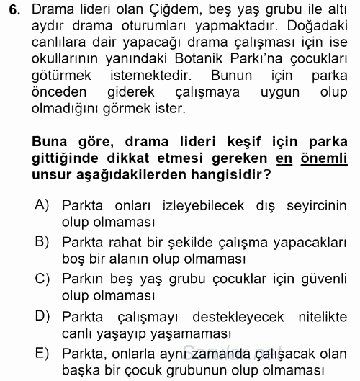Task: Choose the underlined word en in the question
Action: pyautogui.click(x=285, y=158)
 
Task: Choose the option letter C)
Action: pyautogui.click(x=42, y=277)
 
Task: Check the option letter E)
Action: pyautogui.click(x=42, y=352)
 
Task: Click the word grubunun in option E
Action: pyautogui.click(x=193, y=369)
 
